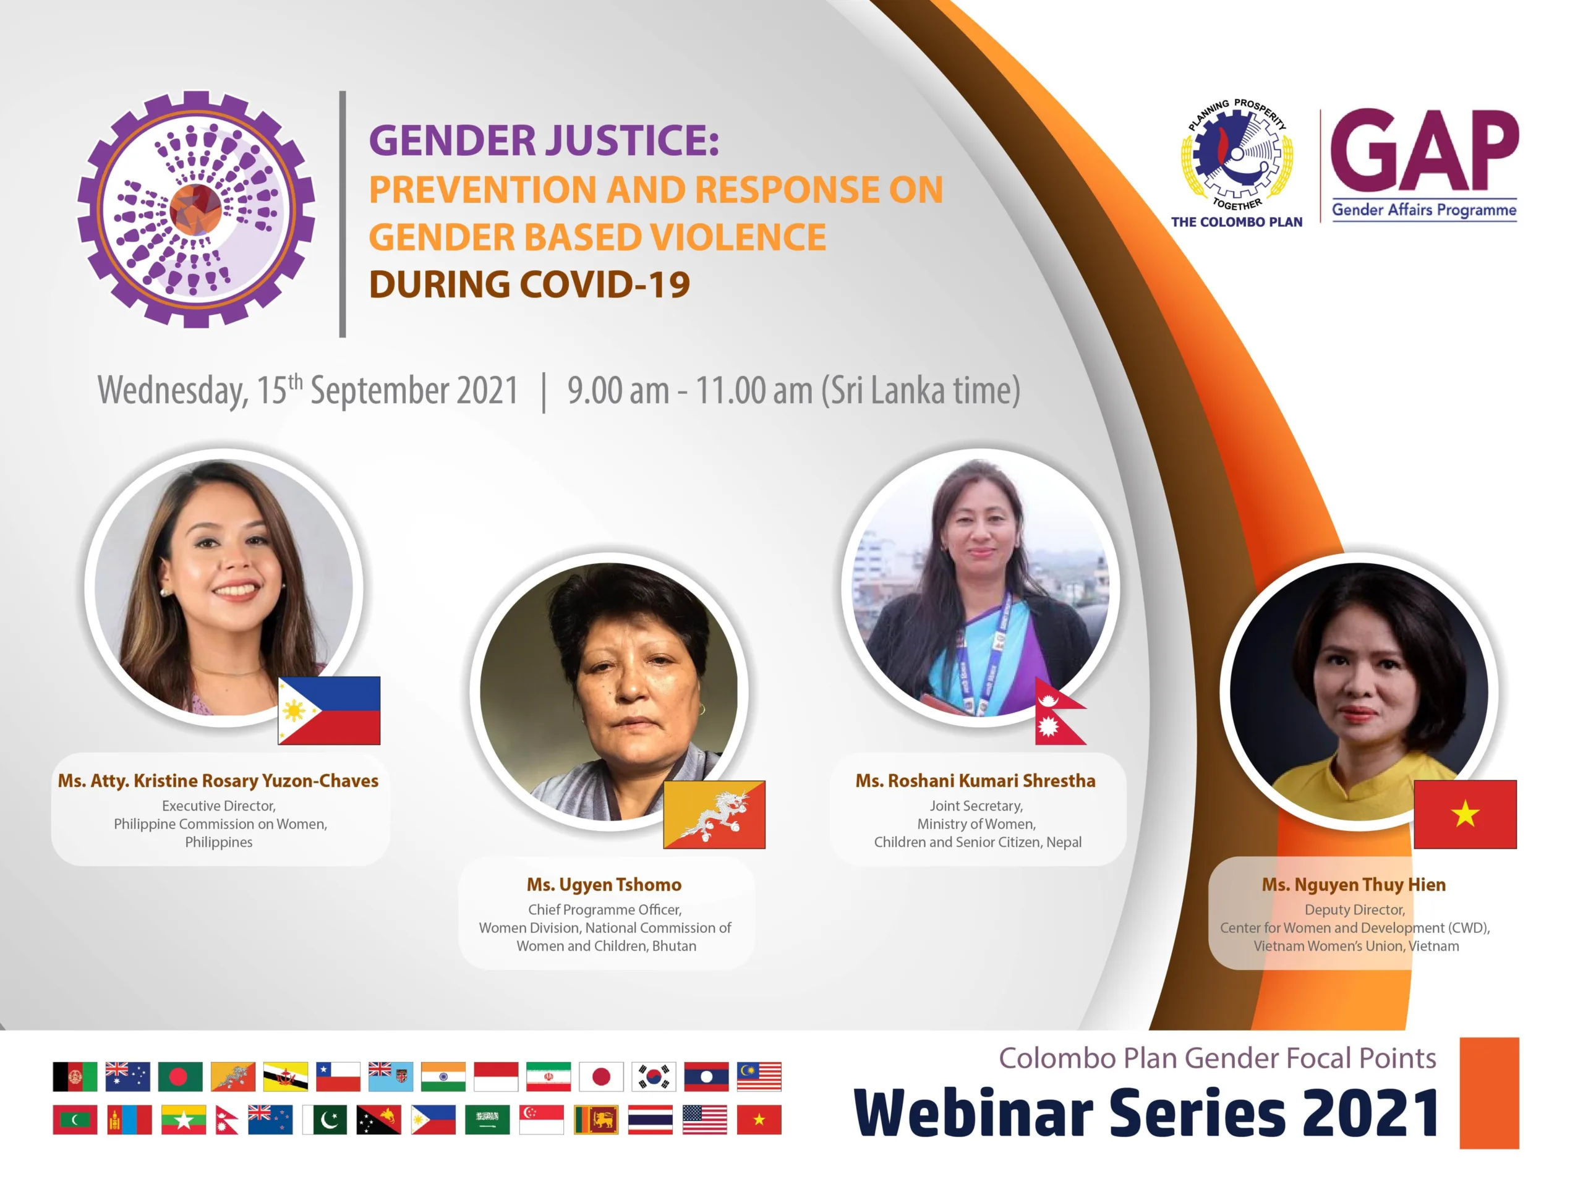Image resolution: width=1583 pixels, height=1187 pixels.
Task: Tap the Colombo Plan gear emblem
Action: tap(1237, 154)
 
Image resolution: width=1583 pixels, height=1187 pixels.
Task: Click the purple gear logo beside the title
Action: tap(196, 210)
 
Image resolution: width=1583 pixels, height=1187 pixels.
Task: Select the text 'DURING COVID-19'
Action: tap(529, 285)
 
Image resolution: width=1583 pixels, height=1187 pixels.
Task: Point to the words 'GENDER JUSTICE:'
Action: tap(544, 140)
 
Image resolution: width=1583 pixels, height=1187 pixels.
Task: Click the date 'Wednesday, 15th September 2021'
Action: tap(308, 391)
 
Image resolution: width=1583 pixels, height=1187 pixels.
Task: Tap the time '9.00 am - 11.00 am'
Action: tap(690, 391)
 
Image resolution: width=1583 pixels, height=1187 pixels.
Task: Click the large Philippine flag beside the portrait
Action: tap(329, 710)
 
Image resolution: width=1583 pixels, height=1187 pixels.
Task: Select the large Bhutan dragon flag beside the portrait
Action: tap(714, 814)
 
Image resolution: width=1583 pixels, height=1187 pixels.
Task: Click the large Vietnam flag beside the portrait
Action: tap(1466, 814)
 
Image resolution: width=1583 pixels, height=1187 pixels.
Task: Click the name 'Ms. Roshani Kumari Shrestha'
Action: tap(975, 781)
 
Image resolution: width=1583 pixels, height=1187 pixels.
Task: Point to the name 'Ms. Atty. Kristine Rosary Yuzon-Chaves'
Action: tap(218, 781)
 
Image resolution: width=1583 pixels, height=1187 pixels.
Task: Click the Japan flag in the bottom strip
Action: tap(601, 1077)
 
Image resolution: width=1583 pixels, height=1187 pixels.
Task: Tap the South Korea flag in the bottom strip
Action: tap(654, 1077)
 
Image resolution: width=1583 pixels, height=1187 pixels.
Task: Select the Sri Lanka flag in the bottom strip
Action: tap(595, 1120)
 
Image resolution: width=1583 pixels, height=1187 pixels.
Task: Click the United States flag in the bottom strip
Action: tap(705, 1120)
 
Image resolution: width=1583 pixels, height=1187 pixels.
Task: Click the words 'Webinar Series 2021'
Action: tap(1146, 1113)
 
